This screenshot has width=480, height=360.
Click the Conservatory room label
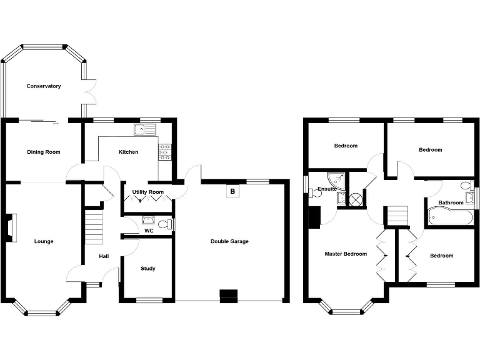point(44,86)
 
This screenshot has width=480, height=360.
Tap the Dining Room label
point(44,152)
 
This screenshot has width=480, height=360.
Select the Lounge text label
point(44,242)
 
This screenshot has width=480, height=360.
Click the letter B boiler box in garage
point(232,191)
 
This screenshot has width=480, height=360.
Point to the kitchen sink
point(144,130)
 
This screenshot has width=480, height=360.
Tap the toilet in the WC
point(166,224)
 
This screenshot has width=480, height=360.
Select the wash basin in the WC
point(149,219)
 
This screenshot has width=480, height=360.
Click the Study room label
point(148,269)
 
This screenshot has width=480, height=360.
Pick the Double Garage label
point(229,241)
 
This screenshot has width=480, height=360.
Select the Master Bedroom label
point(346,254)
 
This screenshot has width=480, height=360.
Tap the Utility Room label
point(148,192)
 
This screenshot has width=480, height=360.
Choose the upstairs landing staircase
point(395,217)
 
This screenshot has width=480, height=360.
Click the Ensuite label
point(327,189)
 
